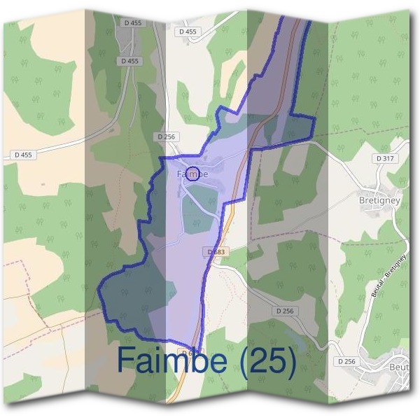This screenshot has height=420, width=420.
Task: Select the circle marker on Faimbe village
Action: click(x=194, y=174)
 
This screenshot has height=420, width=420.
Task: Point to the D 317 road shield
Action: click(x=385, y=159)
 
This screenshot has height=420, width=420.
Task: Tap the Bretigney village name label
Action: click(x=379, y=199)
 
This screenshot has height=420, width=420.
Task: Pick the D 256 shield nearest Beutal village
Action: click(x=346, y=361)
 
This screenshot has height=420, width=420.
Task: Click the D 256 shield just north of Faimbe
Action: click(x=166, y=136)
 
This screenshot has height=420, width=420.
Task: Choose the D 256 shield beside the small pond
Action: click(x=285, y=311)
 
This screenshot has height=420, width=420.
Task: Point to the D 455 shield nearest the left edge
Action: click(x=22, y=155)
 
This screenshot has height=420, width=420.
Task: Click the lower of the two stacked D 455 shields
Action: click(x=129, y=61)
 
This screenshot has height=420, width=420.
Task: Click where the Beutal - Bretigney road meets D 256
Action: click(x=361, y=348)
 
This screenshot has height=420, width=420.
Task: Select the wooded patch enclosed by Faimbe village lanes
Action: click(x=199, y=213)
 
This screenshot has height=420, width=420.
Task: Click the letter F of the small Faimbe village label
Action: click(x=179, y=174)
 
